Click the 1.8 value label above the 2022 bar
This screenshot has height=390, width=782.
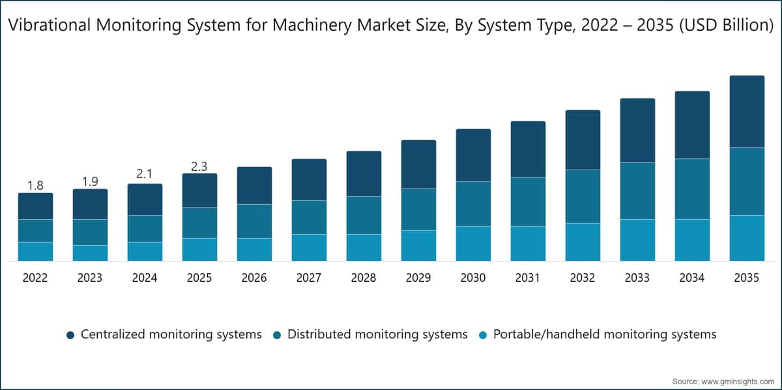click(x=35, y=186)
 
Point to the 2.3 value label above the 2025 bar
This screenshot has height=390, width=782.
click(x=199, y=167)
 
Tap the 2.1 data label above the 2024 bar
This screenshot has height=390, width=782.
click(x=145, y=173)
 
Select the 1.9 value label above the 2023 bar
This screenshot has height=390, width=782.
click(x=90, y=182)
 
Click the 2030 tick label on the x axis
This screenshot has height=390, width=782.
click(x=473, y=278)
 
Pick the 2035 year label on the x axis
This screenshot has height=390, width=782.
click(x=747, y=278)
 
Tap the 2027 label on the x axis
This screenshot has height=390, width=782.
click(x=309, y=278)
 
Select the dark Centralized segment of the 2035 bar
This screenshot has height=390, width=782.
click(x=747, y=112)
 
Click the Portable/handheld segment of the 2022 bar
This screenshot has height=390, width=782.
click(x=36, y=252)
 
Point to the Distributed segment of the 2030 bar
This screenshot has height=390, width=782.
click(x=473, y=204)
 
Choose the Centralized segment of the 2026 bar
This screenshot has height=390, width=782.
click(x=255, y=186)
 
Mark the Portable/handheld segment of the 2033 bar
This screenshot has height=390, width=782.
click(x=637, y=240)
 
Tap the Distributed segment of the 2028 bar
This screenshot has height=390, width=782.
click(x=364, y=215)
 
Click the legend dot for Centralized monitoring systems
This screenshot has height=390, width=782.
click(x=70, y=335)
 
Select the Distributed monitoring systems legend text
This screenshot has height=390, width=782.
click(x=377, y=335)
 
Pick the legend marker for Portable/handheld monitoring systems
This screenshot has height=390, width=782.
click(x=483, y=335)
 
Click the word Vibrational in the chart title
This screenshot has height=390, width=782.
click(x=50, y=25)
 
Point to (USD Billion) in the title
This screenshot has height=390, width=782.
click(x=727, y=25)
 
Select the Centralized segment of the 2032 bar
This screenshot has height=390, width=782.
click(x=583, y=140)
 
